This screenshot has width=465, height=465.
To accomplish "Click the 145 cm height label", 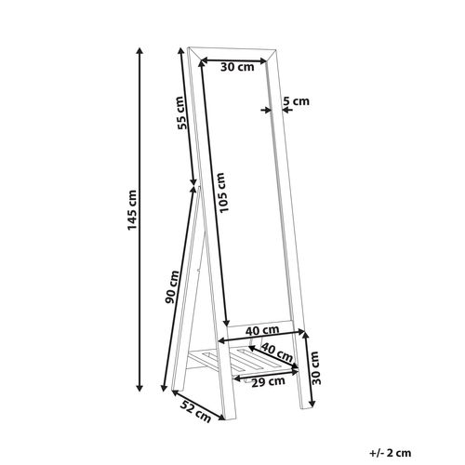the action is coord(132,210).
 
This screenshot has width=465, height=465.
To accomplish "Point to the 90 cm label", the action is coord(172,286).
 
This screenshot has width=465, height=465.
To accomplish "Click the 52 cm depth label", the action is coord(195,411).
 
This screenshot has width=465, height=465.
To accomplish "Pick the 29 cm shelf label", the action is coord(268,382).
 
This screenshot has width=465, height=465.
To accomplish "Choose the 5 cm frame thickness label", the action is coord(297,101).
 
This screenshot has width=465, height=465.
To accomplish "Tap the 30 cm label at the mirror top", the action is coord(237,67).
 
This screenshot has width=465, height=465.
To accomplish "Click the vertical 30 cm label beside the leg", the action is coord(316,367).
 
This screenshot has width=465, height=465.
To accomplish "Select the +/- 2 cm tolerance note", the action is coord(391,453).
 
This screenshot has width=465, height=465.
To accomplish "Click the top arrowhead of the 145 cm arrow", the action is coord(139,51).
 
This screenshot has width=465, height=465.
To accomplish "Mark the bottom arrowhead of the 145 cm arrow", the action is coord(139,388).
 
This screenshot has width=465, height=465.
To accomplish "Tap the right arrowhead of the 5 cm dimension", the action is coord(286,110).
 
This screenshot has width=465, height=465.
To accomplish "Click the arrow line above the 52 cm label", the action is coord(198,405).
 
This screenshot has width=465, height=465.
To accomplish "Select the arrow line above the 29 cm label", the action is coord(266,374).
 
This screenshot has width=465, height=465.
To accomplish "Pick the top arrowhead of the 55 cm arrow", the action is coord(180,51).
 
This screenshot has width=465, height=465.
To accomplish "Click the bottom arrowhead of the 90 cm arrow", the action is coord(164,388).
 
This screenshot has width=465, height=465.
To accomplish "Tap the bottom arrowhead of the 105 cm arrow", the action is coord(227,322).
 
